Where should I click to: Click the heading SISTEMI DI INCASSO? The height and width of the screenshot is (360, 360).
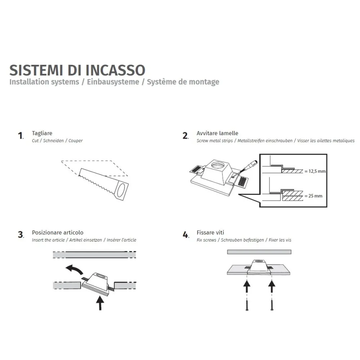(x=77, y=70)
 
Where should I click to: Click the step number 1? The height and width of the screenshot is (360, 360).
(x=21, y=136)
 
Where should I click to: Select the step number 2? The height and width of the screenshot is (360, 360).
(x=185, y=136)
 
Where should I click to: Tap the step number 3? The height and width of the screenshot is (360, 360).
(x=21, y=235)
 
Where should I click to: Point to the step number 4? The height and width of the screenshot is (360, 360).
(x=185, y=235)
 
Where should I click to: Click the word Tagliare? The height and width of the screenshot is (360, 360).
(x=42, y=133)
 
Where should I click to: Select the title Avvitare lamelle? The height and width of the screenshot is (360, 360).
(x=217, y=133)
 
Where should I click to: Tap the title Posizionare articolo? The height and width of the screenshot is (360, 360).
(x=58, y=233)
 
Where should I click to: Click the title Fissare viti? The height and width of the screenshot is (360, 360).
(x=210, y=233)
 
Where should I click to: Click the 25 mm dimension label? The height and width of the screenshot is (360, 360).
(x=313, y=196)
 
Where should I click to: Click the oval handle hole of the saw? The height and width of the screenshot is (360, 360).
(x=122, y=189)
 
